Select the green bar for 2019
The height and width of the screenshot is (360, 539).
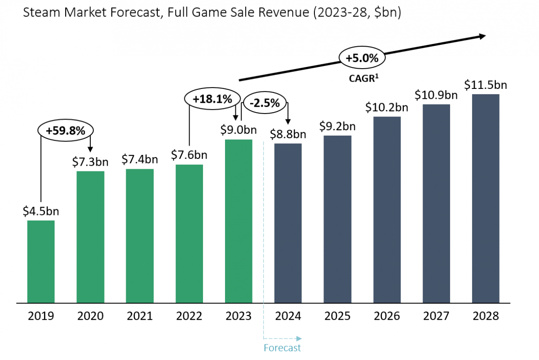point(41,261)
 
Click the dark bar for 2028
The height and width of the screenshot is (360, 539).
point(486,198)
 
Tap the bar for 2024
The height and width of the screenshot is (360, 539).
point(288,223)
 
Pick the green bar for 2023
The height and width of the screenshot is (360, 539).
point(239,221)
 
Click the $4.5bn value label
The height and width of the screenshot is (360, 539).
point(41,211)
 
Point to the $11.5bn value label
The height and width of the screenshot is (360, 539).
point(486,84)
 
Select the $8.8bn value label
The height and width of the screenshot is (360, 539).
point(288,134)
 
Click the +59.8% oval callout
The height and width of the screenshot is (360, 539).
point(66,130)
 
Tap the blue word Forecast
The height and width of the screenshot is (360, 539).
point(282,348)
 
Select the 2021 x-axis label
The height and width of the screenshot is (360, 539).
point(140,316)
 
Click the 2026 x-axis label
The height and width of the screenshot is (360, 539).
point(387,316)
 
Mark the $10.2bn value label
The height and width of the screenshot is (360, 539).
point(387,107)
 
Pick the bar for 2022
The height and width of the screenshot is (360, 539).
point(189,233)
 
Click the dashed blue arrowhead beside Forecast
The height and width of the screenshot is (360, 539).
point(300,338)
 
